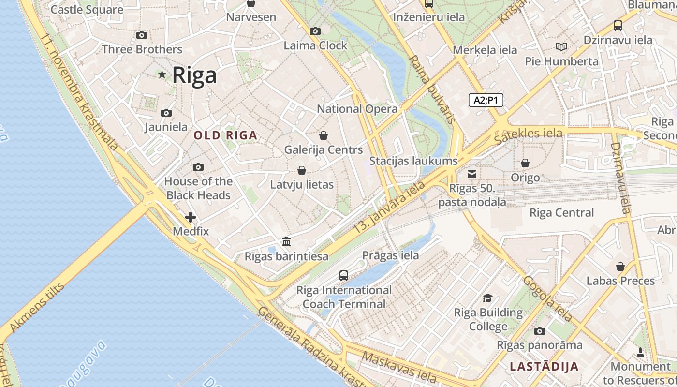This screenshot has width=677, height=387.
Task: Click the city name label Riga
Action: click(194, 75)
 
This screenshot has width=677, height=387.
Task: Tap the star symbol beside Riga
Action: click(162, 74)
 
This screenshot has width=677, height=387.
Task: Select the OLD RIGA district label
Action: click(225, 135)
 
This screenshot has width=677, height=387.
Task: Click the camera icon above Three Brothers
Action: click(142, 35)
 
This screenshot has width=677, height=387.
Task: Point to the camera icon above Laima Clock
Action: click(315, 31)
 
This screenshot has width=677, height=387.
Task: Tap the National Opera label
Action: click(357, 109)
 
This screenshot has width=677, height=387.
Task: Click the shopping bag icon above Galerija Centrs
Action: click(324, 135)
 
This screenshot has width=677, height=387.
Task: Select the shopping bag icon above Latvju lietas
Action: click(302, 170)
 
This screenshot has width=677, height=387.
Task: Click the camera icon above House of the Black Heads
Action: click(198, 167)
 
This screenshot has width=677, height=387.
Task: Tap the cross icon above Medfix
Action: click(191, 217)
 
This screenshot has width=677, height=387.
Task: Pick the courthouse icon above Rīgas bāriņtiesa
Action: click(286, 241)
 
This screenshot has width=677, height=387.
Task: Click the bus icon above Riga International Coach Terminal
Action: click(344, 276)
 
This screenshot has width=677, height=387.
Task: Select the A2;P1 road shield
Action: click(486, 100)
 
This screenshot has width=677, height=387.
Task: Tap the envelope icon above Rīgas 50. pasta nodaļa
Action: click(472, 174)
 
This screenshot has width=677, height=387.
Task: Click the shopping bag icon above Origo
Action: click(525, 163)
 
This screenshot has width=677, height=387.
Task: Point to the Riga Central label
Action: click(561, 212)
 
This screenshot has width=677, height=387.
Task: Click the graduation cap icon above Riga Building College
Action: click(488, 298)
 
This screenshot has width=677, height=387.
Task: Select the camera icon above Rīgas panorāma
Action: click(540, 331)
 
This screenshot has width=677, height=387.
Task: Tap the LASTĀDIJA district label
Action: click(544, 366)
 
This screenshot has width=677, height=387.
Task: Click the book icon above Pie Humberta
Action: click(561, 46)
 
